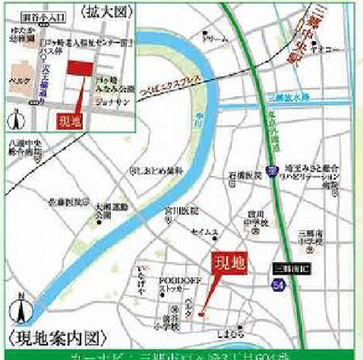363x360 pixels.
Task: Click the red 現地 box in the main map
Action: (228, 264)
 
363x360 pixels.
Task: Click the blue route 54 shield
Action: (278, 285)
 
